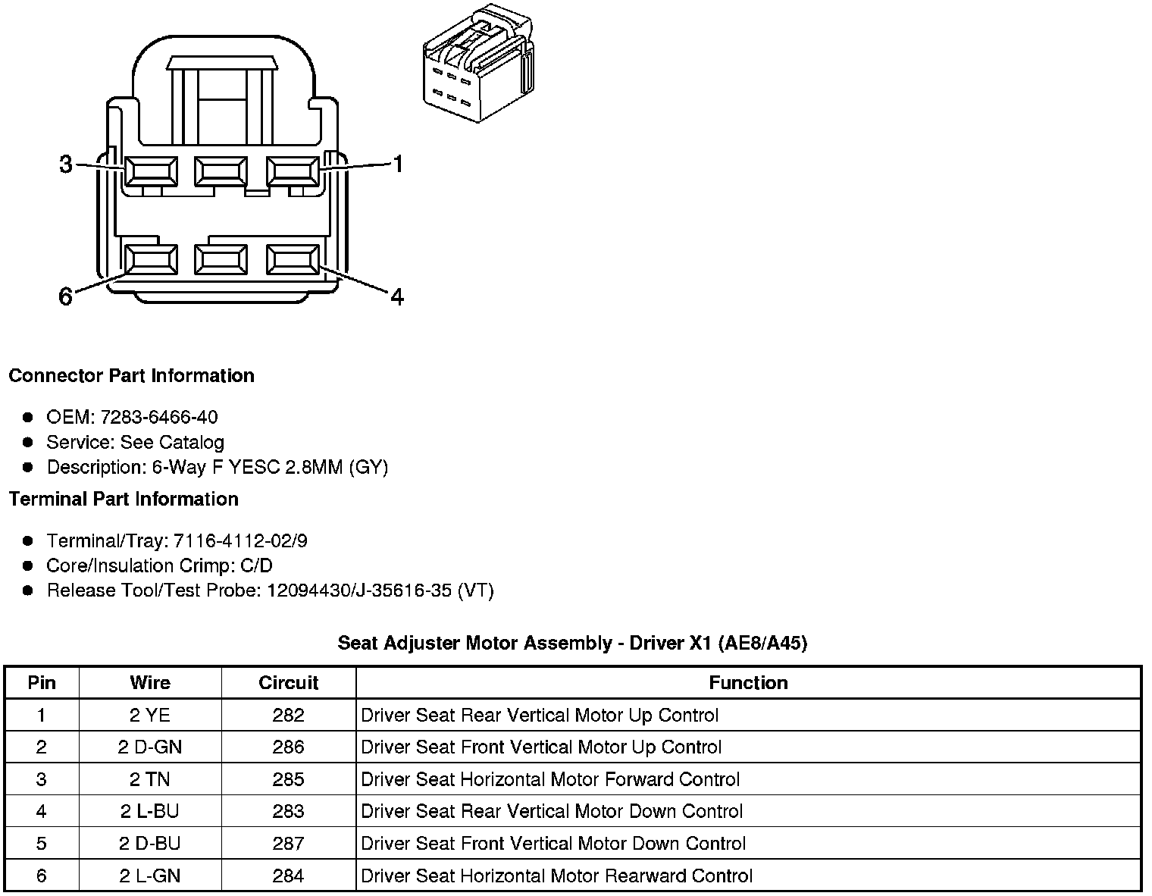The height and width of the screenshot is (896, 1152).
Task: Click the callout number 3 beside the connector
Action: [x=66, y=164]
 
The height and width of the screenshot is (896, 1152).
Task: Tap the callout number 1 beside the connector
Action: [x=397, y=164]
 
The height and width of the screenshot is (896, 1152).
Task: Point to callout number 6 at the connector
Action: [x=66, y=296]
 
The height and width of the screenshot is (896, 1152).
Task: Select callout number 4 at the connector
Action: [x=396, y=296]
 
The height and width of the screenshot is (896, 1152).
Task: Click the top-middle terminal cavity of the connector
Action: [x=221, y=171]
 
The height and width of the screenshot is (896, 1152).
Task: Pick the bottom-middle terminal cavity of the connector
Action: [x=221, y=260]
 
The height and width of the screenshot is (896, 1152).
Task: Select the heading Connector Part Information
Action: [x=131, y=376]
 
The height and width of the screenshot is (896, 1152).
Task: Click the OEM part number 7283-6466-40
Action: [x=158, y=417]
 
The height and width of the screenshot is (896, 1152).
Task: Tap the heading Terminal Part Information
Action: [x=124, y=499]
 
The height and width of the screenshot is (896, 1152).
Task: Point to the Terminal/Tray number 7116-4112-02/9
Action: [x=240, y=540]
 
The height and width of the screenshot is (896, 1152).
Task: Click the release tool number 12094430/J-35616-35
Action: [x=359, y=591]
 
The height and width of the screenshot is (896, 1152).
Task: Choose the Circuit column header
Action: [x=288, y=682]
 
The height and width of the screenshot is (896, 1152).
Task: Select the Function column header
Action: [x=748, y=682]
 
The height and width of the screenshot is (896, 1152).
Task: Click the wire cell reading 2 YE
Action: [x=150, y=715]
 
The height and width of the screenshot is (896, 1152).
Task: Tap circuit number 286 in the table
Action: [x=288, y=747]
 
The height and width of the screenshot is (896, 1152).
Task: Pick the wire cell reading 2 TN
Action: [x=150, y=779]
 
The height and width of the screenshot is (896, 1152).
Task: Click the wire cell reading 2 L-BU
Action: [x=150, y=811]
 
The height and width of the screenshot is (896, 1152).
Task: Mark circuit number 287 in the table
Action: [x=288, y=844]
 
